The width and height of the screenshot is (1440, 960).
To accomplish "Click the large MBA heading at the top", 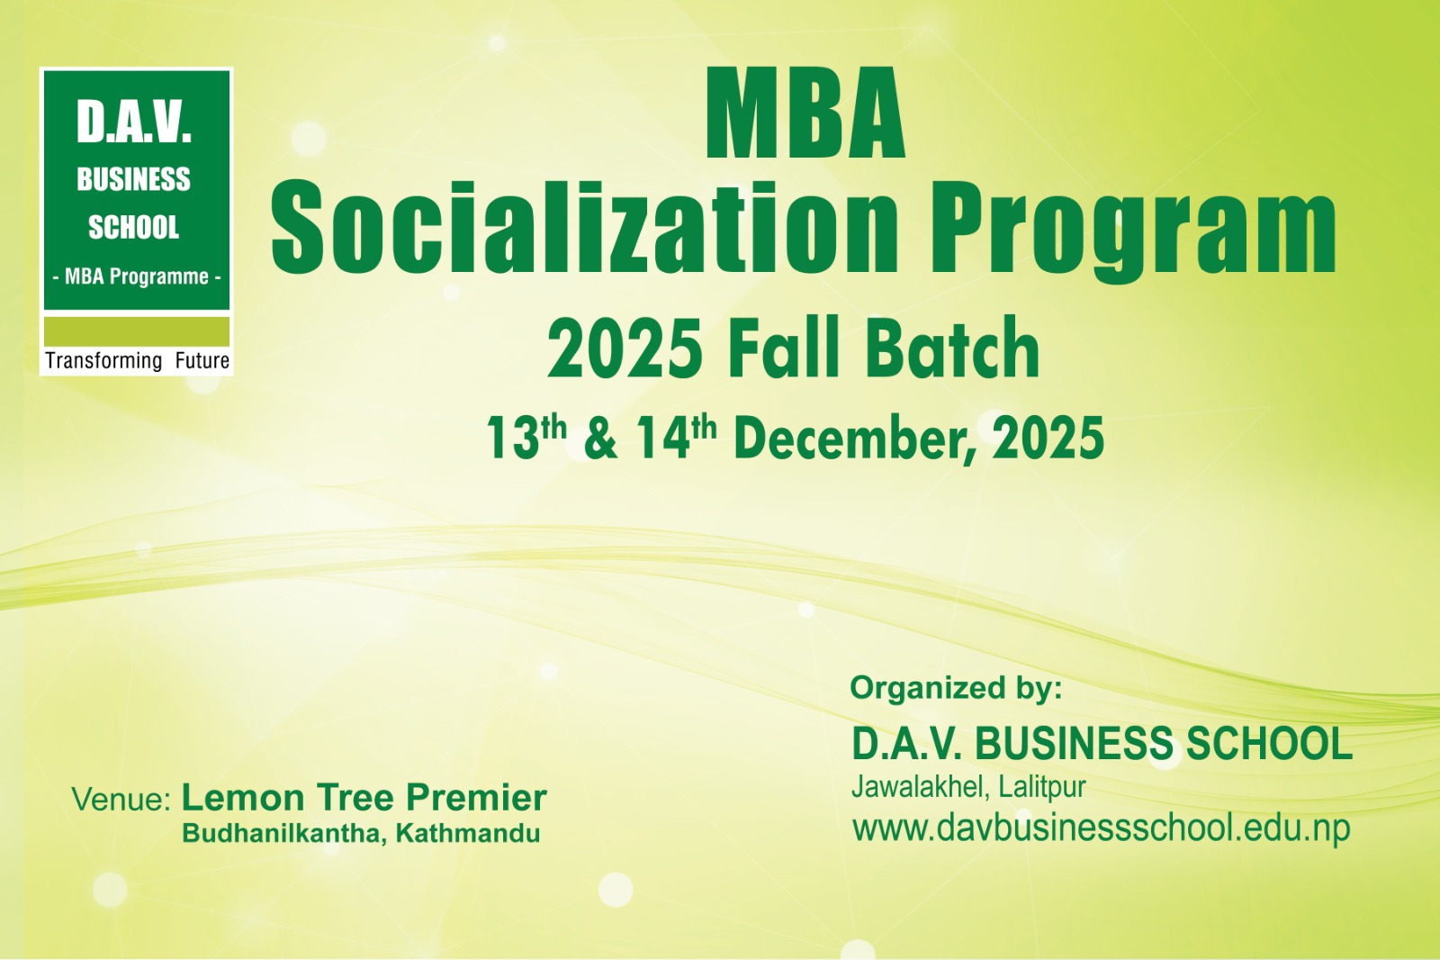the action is (x=805, y=113).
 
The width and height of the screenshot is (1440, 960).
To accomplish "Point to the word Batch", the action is (x=952, y=349).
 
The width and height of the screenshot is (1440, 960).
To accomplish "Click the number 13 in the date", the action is (x=512, y=438).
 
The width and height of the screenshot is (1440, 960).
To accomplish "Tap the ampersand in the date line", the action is (x=600, y=439).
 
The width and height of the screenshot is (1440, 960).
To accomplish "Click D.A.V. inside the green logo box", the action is (x=134, y=122).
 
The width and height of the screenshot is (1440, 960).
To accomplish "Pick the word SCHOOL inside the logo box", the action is (x=133, y=227).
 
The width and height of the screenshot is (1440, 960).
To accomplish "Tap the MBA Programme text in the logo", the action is (x=136, y=276).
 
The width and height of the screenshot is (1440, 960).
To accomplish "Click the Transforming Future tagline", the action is (x=137, y=360).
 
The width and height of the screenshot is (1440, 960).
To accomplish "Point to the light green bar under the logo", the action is (x=136, y=331).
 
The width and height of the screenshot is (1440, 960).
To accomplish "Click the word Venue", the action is (x=121, y=800).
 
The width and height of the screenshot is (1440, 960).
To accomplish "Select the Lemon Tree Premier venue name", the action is (x=364, y=797).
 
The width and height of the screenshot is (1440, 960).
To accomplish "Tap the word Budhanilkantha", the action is (x=283, y=833).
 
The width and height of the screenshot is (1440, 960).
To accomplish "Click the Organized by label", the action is (x=956, y=687).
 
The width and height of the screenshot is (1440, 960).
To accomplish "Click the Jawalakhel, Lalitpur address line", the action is (x=968, y=787).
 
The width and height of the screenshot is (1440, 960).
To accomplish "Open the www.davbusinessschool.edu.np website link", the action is (x=1102, y=829).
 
